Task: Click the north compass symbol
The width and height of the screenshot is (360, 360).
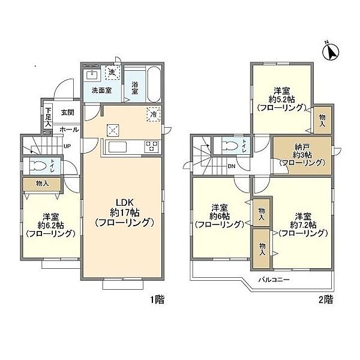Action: point(331,52)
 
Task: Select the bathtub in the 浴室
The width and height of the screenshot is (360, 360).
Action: point(154,85)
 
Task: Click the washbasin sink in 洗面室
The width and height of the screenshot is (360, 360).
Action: point(92,75)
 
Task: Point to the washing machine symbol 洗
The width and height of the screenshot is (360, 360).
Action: point(113,73)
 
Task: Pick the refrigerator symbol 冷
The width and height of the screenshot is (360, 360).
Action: point(154,114)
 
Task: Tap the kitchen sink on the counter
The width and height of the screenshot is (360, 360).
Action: point(118,147)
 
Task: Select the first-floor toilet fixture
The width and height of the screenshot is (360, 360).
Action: point(38,166)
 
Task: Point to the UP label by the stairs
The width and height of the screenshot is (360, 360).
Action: point(67,146)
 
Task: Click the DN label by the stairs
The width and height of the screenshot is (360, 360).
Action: point(232,166)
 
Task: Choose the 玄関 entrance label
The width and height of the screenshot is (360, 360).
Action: point(67,113)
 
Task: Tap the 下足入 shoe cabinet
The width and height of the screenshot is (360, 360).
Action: point(48,117)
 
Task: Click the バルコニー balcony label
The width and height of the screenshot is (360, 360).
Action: point(274,280)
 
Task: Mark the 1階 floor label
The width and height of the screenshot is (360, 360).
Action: point(157,299)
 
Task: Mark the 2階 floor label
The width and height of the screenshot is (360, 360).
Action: point(326,299)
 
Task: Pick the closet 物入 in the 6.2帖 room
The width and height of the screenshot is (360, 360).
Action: point(42,184)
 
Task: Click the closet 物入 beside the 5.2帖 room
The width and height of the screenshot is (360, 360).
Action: point(322,120)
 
